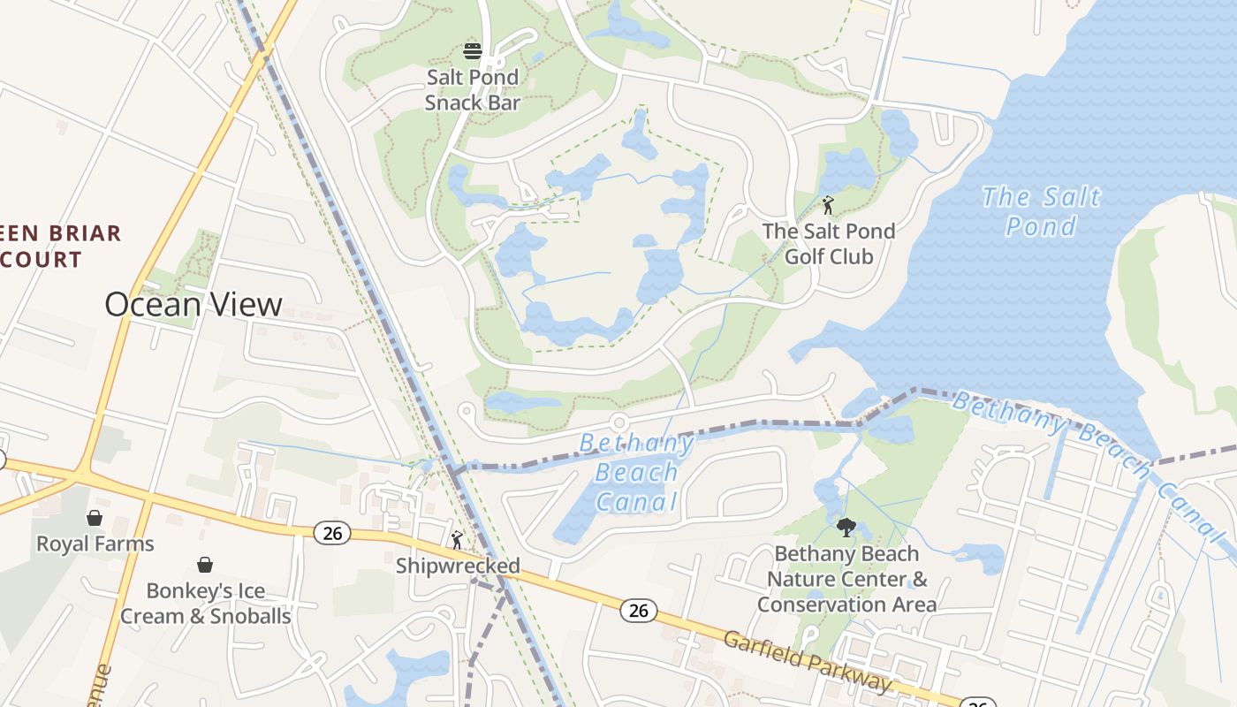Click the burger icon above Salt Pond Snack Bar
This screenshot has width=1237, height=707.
[x=473, y=50]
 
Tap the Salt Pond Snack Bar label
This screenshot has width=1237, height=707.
[x=473, y=89]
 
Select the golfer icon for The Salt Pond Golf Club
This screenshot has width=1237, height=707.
[x=828, y=206]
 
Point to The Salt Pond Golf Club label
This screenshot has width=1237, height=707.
[x=828, y=244]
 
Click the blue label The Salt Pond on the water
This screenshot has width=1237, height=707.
[x=1042, y=210]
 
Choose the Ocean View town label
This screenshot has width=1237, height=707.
[x=194, y=305]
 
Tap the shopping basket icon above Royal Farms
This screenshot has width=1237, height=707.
[x=95, y=518]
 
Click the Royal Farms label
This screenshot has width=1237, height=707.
[x=95, y=544]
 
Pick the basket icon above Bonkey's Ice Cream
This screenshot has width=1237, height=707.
[x=205, y=565]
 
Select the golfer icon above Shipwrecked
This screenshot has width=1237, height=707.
[x=457, y=539]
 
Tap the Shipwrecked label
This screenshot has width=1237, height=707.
[x=458, y=566]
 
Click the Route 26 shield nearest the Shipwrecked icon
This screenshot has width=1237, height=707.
[x=332, y=533]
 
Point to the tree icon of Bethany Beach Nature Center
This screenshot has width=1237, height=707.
[x=846, y=528]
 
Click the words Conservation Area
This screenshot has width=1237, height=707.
[x=846, y=604]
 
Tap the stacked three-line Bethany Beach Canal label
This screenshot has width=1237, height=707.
[x=636, y=472]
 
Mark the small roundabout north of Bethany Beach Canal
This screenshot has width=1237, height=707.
[x=618, y=422]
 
